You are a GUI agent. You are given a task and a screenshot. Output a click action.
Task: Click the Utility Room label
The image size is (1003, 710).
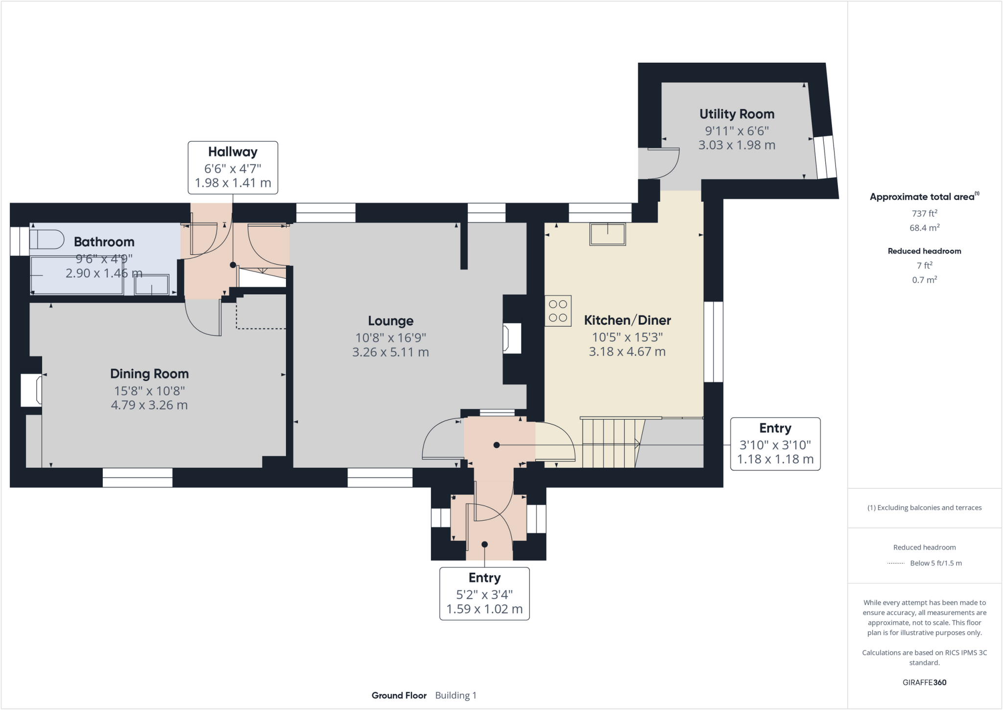point(737,114)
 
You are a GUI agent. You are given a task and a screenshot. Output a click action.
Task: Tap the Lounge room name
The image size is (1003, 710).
point(390,321)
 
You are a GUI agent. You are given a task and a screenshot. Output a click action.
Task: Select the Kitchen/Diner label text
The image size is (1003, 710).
point(627,320)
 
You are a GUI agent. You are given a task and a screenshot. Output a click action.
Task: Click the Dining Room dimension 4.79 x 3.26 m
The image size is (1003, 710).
point(149,405)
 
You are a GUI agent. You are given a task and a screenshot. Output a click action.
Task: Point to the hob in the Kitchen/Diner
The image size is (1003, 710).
point(558,311)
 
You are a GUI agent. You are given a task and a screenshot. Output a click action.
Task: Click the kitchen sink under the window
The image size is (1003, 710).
point(607,234)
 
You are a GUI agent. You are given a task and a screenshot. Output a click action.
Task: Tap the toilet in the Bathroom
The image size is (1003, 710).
point(47,240)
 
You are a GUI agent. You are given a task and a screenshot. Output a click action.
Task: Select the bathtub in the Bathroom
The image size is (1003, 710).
point(76,276)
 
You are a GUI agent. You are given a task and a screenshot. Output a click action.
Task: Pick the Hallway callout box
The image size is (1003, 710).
point(233,168)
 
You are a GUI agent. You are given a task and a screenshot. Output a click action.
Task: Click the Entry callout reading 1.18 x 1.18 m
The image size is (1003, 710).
point(775,444)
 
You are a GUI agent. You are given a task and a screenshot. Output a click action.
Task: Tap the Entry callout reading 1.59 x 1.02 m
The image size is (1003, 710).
point(484,593)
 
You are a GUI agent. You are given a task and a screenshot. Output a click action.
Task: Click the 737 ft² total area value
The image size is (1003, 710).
point(924,213)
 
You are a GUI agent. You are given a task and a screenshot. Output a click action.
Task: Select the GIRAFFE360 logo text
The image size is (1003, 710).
point(924,682)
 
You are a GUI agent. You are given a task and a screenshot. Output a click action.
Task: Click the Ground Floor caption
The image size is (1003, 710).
point(399,695)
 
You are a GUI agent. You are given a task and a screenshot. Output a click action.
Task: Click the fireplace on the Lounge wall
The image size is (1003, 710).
point(511,338)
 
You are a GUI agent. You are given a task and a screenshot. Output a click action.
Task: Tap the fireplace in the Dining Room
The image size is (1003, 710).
point(31,390)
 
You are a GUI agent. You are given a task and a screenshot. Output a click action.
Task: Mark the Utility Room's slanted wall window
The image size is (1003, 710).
point(825,157)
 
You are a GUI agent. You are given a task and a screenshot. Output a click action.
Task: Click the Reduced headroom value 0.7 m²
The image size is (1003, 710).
point(924,280)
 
